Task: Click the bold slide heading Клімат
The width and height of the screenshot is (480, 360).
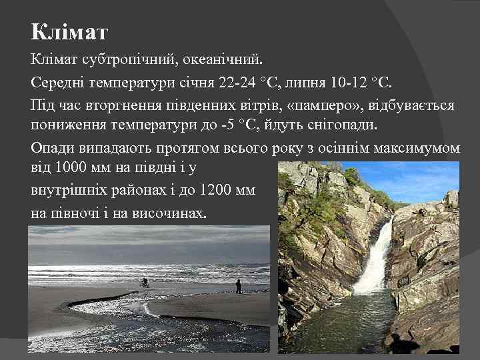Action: tap(69, 32)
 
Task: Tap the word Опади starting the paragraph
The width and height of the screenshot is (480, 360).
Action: tap(52, 148)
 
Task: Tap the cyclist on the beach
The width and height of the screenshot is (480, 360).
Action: tap(144, 283)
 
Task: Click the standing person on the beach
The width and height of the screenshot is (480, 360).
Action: tap(238, 286)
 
